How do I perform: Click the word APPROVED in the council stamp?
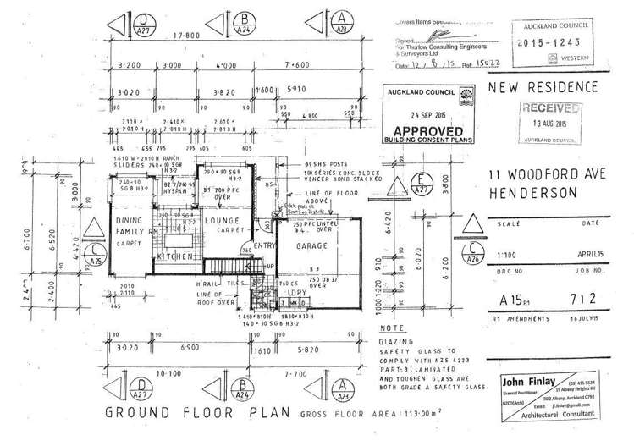pyautogui.click(x=425, y=131)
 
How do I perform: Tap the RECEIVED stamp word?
pyautogui.click(x=551, y=107)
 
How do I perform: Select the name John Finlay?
pyautogui.click(x=529, y=379)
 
